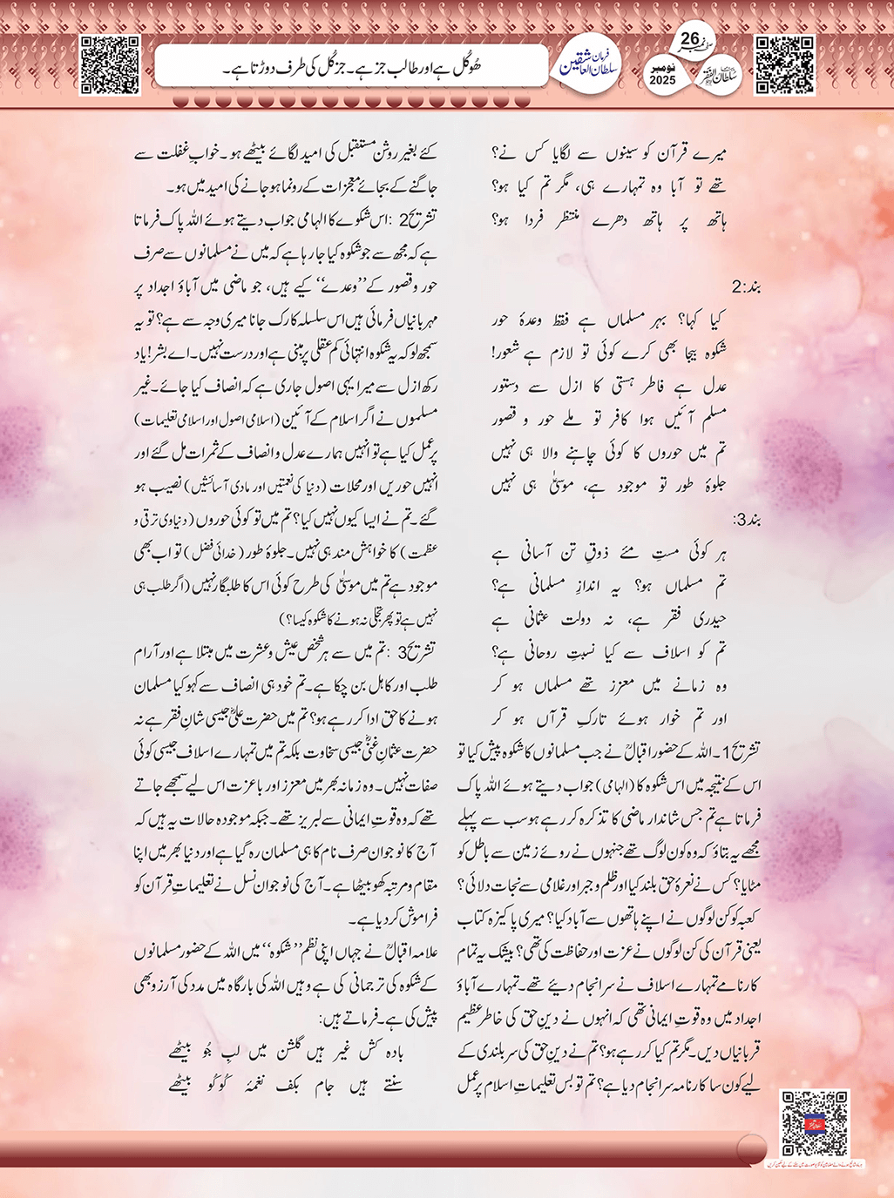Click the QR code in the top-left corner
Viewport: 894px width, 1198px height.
109,64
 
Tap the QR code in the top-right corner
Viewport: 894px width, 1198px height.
784,64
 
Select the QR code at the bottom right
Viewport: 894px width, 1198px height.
814,1122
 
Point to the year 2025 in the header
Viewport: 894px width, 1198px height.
662,80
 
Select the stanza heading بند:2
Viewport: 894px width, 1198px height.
747,286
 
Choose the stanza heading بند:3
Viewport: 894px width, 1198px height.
747,522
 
